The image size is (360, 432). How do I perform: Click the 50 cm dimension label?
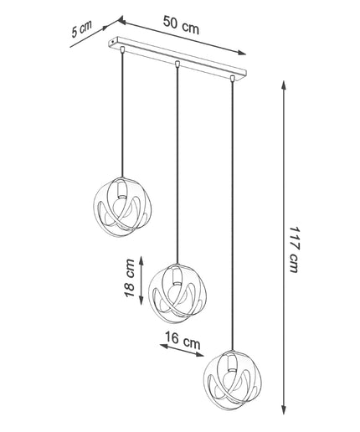point(181,25)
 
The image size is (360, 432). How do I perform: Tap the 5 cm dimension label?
point(81,28)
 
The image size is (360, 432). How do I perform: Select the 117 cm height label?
point(294,249)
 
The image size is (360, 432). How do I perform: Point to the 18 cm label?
point(130,278)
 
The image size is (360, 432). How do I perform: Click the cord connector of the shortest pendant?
point(121,49)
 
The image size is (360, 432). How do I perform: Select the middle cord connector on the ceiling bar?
point(177,64)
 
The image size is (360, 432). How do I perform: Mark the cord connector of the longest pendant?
point(232,78)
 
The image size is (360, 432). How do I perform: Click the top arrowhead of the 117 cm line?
point(284,85)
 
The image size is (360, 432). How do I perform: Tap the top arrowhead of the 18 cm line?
point(141,260)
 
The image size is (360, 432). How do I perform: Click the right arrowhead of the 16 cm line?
point(200,355)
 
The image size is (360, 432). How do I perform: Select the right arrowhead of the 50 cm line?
point(242,53)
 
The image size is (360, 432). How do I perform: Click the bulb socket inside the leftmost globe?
point(121,191)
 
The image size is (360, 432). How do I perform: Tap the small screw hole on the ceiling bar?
point(112,42)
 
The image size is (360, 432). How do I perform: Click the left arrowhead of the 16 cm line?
point(164,346)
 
